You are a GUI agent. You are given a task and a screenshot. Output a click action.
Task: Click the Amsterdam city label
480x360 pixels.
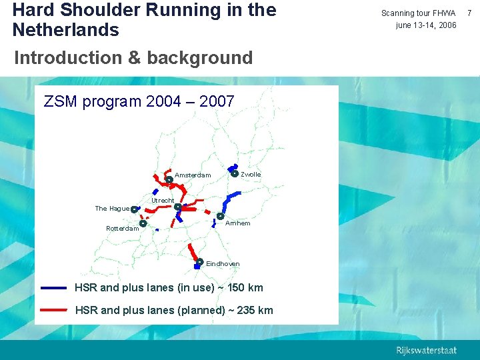click(x=193, y=175)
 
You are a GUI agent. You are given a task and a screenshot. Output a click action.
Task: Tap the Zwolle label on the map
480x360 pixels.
click(x=251, y=175)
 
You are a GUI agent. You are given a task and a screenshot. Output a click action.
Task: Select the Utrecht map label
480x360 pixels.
click(x=163, y=201)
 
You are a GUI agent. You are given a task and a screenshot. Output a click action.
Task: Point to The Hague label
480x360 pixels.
click(x=111, y=209)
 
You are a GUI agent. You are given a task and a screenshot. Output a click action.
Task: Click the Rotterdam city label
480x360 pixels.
click(x=123, y=229)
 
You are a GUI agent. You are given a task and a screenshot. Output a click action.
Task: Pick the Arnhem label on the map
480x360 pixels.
click(x=238, y=223)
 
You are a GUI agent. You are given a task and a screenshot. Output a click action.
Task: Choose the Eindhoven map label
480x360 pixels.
click(x=223, y=264)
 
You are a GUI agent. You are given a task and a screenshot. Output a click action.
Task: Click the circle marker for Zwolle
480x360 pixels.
click(x=235, y=173)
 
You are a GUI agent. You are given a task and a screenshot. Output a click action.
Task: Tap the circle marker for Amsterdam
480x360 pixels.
click(x=169, y=179)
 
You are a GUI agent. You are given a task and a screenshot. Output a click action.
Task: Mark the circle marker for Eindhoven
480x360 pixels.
click(x=200, y=261)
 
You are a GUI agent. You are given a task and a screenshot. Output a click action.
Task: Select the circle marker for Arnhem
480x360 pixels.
click(x=220, y=216)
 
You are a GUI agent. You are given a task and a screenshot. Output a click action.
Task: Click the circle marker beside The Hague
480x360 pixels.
click(x=134, y=209)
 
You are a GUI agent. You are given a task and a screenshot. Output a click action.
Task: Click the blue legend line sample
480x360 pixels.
click(x=53, y=288)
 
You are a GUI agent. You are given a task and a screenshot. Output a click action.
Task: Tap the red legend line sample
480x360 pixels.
click(x=53, y=310)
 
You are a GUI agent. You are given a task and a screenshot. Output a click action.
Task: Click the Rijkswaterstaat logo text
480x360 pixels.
click(x=427, y=351)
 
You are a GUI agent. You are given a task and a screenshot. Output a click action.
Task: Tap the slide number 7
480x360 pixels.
click(x=471, y=13)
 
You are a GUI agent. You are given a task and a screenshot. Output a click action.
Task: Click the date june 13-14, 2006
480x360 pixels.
click(x=426, y=25)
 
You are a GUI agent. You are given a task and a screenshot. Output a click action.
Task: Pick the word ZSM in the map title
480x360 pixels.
click(x=60, y=102)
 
